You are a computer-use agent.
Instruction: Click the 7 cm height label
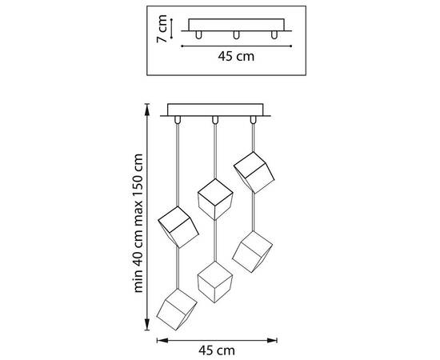(162, 29)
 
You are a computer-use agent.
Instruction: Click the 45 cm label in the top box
(236, 56)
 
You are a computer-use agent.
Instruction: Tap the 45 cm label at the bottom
(217, 350)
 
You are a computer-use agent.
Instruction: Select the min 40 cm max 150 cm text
(138, 223)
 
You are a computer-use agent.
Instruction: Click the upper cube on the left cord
(178, 227)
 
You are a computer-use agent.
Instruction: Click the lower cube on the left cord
(177, 310)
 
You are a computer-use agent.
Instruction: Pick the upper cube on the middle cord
(215, 199)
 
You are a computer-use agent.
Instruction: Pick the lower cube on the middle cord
(215, 282)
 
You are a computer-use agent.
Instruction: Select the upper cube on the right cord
(254, 173)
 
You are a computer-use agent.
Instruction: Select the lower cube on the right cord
(252, 252)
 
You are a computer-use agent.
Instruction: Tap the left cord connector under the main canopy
(177, 120)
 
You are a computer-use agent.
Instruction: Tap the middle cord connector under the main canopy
(215, 120)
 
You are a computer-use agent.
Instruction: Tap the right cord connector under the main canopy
(253, 120)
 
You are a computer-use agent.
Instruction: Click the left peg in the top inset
(198, 34)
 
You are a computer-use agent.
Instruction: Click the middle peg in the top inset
(236, 34)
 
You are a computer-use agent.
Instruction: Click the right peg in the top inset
(274, 34)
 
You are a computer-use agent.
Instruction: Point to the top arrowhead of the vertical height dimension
(146, 110)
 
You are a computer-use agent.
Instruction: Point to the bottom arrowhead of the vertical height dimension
(146, 325)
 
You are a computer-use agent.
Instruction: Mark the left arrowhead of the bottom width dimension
(162, 340)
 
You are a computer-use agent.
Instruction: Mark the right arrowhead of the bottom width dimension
(272, 340)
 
